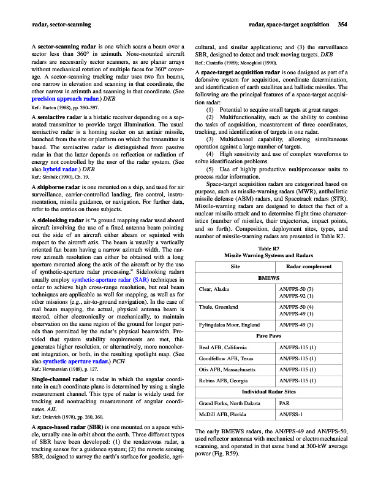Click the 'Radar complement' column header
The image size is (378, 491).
[310, 266]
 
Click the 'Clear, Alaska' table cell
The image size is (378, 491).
[214, 288]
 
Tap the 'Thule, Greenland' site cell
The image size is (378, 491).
[218, 306]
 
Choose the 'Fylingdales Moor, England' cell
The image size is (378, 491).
[229, 324]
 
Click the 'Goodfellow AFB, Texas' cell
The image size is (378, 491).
[226, 358]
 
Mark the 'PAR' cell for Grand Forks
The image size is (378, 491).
[284, 403]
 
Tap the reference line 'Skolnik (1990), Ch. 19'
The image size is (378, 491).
[64, 176]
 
